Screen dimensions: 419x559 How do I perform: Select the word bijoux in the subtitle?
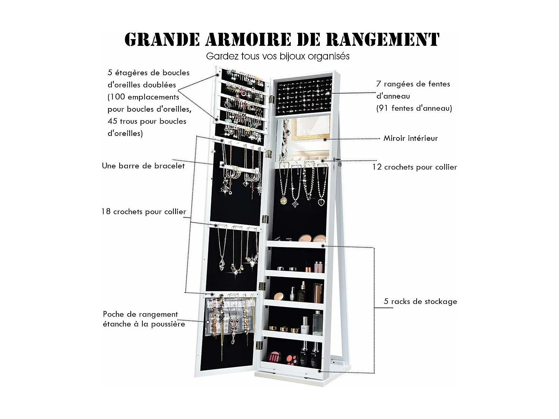coord(294,56)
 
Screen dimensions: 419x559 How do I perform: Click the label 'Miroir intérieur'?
coord(410,138)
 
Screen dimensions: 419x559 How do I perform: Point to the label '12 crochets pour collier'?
coord(414,167)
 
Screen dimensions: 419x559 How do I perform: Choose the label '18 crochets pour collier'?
coord(143,212)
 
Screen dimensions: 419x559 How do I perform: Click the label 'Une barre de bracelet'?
coord(143,166)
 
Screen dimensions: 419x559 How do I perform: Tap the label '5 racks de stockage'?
coord(420,301)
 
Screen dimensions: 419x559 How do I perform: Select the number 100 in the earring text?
coord(118,97)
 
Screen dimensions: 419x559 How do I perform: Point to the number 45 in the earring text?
coord(113,121)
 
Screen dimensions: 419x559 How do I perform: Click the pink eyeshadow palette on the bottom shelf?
coord(274,358)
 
